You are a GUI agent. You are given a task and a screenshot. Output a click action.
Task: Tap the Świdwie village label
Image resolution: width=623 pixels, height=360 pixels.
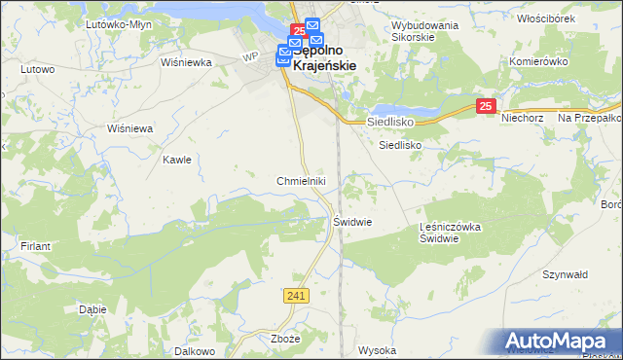tap(353, 221)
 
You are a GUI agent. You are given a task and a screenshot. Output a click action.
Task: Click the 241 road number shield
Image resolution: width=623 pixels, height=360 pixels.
tap(298, 295)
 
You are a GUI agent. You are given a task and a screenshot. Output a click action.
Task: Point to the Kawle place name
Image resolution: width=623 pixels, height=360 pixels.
tap(177, 160)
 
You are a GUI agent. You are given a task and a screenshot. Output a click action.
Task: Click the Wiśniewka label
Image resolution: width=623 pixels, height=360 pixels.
tap(187, 62)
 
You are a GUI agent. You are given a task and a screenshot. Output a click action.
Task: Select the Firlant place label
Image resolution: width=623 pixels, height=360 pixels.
tap(35, 246)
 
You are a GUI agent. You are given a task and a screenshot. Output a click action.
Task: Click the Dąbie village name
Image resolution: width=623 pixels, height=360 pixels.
tap(92, 309)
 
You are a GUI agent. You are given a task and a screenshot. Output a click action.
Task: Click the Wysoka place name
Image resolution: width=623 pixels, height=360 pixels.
tap(378, 349)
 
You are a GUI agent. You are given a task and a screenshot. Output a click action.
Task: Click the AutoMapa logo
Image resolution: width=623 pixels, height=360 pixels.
tap(559, 341)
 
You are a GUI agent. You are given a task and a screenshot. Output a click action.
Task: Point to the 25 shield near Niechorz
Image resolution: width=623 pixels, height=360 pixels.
tap(488, 106)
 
